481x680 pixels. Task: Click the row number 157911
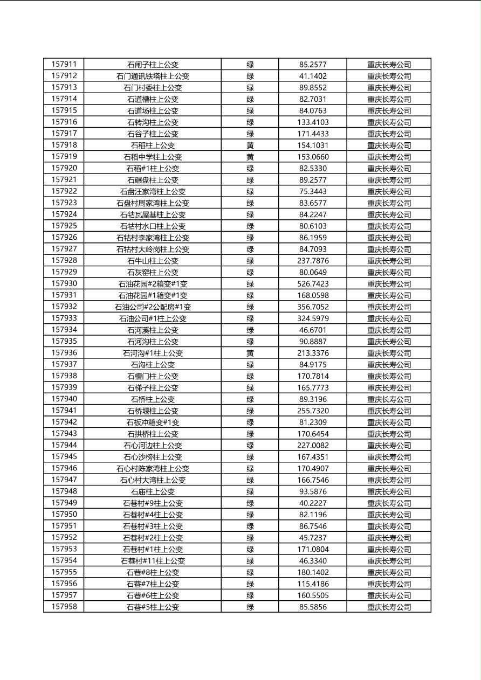click(64, 64)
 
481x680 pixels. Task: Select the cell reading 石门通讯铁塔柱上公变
click(153, 76)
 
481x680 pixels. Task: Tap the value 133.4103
click(313, 122)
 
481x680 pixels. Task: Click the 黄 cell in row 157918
click(250, 145)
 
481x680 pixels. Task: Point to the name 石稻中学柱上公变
click(153, 157)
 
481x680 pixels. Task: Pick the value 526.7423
click(313, 283)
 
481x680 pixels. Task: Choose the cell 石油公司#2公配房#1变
click(153, 307)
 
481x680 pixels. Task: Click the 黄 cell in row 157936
click(250, 353)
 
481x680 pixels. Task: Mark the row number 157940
click(64, 399)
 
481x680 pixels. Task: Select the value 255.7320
click(313, 411)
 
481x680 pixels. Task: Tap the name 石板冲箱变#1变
click(153, 422)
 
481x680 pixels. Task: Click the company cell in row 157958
click(389, 607)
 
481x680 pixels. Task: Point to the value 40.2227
click(313, 503)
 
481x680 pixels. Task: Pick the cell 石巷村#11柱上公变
click(153, 560)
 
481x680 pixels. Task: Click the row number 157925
click(64, 226)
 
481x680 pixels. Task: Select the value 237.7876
click(313, 260)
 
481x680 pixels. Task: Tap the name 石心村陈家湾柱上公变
click(153, 468)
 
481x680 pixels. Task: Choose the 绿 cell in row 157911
click(250, 64)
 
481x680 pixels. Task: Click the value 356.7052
click(313, 307)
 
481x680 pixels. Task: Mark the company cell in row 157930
click(389, 283)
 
